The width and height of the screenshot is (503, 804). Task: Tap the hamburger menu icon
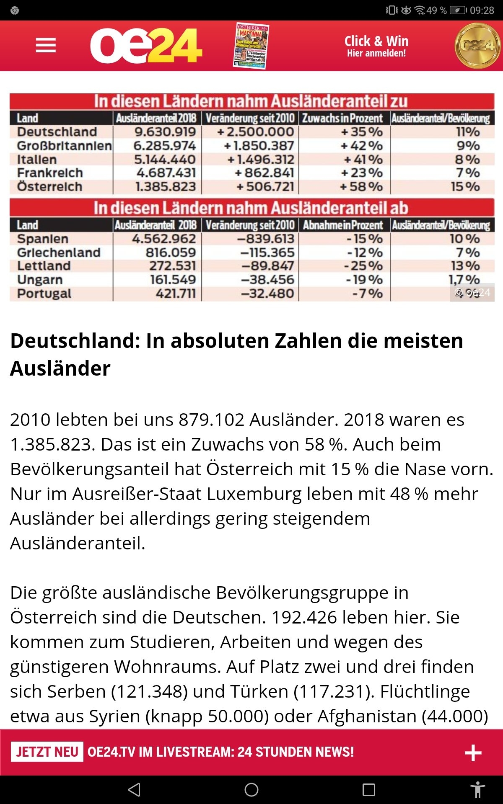[46, 45]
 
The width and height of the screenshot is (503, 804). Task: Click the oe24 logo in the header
[146, 46]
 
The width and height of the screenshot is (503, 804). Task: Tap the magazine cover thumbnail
[251, 46]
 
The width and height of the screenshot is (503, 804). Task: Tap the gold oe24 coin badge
[477, 46]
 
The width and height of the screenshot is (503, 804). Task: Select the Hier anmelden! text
[376, 54]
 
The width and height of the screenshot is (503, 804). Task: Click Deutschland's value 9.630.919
[165, 132]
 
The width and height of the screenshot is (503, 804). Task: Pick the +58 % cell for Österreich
[361, 187]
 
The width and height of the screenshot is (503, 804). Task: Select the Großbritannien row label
[64, 146]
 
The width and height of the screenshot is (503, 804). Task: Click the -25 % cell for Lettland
[363, 266]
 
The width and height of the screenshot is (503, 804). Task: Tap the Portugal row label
[44, 294]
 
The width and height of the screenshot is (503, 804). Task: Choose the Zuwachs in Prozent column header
[342, 119]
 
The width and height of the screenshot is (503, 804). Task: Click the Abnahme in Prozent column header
[343, 225]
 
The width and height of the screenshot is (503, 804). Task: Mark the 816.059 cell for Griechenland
[171, 253]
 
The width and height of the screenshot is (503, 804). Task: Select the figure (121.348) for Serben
[149, 691]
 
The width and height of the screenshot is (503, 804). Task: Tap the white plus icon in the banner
[473, 752]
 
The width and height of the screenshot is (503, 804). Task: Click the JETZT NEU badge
[47, 752]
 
